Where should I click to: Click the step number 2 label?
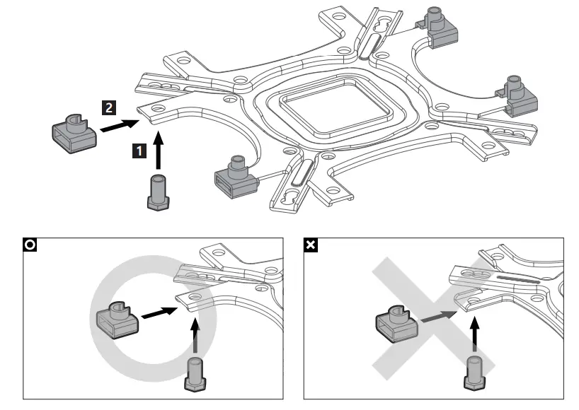[x=108, y=107]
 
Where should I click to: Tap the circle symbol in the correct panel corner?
[x=30, y=245]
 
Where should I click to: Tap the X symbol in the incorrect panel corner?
[x=310, y=245]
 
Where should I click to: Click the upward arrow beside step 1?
[x=158, y=151]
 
